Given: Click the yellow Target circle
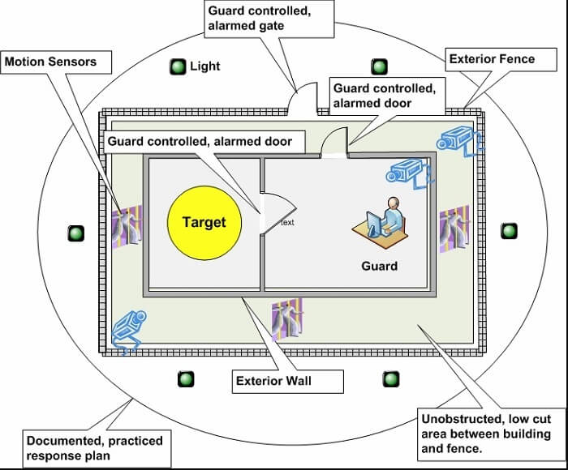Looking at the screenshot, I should (x=204, y=222).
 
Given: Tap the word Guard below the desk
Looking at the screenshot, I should (x=379, y=265).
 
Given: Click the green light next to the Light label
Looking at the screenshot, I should (x=178, y=66).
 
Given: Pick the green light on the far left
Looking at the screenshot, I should (x=76, y=233).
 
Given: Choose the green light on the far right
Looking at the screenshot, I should (x=509, y=231).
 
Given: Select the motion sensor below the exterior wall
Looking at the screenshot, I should (x=287, y=318).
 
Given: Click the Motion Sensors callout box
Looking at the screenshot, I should (x=49, y=62).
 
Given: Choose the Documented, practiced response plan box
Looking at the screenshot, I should (x=95, y=448).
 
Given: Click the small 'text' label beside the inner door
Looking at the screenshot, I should (x=287, y=222).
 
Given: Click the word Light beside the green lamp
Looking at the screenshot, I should (x=205, y=66).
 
